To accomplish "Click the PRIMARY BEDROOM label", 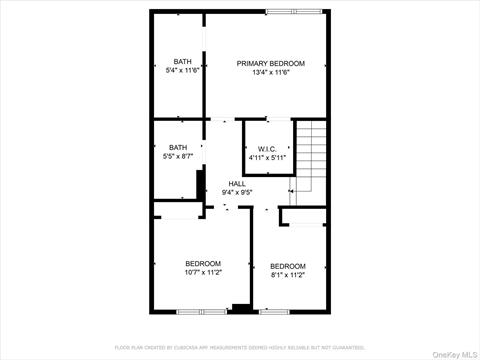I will pos(271,63).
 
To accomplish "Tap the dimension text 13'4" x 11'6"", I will pos(271,72).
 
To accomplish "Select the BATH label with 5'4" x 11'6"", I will pos(182,61).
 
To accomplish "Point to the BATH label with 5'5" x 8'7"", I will pos(178,147).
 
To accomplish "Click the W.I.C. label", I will pos(267,149).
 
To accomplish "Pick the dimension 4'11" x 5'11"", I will pos(267,158).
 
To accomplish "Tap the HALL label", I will pos(237,183).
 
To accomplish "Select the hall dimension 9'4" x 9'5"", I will pos(237,192).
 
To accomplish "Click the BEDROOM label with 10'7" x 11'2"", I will pos(202,263).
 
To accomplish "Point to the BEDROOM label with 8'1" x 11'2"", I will pos(287,266).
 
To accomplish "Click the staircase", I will pos(312,160).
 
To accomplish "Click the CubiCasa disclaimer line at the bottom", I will pos(240,347).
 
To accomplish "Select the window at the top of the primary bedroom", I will pos(295,11).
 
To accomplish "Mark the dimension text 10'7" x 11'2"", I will pos(202,272).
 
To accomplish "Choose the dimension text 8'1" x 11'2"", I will pos(287,275).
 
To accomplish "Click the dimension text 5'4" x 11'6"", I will pos(182,70).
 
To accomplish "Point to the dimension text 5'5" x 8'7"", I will pos(178,156).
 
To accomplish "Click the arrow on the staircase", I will pos(291,190).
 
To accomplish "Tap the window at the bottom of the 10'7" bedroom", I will pos(182,312).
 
